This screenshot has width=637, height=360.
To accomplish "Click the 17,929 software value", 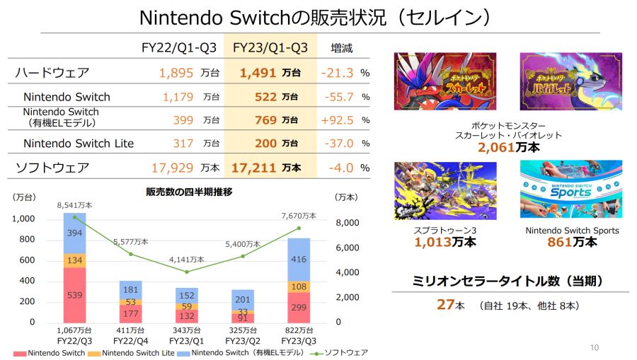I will coord(173,168).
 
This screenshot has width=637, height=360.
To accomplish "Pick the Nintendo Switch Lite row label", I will coord(79,144).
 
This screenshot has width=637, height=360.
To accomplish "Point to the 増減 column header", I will coord(341,48).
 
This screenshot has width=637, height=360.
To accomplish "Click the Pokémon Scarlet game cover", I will coord(445,81).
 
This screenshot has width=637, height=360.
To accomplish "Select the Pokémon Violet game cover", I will coord(570,81).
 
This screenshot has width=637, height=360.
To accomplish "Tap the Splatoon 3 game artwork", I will coord(445,190).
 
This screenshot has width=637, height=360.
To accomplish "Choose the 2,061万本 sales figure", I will coord(507,148).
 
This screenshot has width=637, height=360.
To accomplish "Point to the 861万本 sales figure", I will coord(572,242).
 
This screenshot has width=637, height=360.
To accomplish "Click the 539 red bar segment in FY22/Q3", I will coord(74,294).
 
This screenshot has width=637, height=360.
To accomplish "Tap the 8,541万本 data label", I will coord(74,205).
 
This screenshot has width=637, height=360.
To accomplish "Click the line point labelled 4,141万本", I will coord(187,272).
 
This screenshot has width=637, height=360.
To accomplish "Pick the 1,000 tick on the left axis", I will coord(23,219).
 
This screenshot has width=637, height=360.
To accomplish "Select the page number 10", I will coord(594,347).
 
